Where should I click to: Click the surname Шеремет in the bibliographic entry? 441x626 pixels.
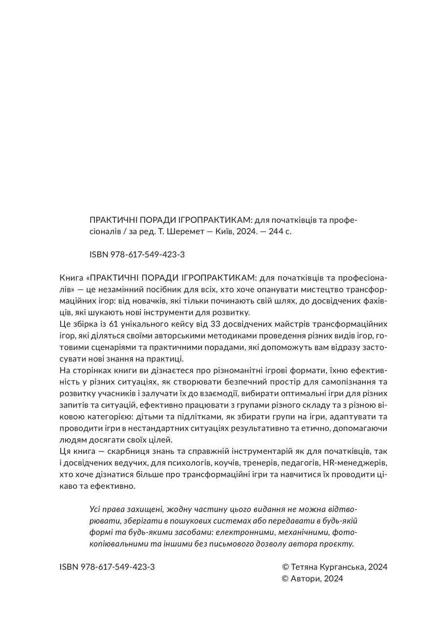tap(183, 231)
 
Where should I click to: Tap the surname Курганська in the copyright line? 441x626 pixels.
tap(343, 567)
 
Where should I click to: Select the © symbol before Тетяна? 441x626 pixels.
tap(286, 567)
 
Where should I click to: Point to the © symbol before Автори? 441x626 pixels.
tap(286, 579)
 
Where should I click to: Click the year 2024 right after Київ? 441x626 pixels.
tap(243, 231)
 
